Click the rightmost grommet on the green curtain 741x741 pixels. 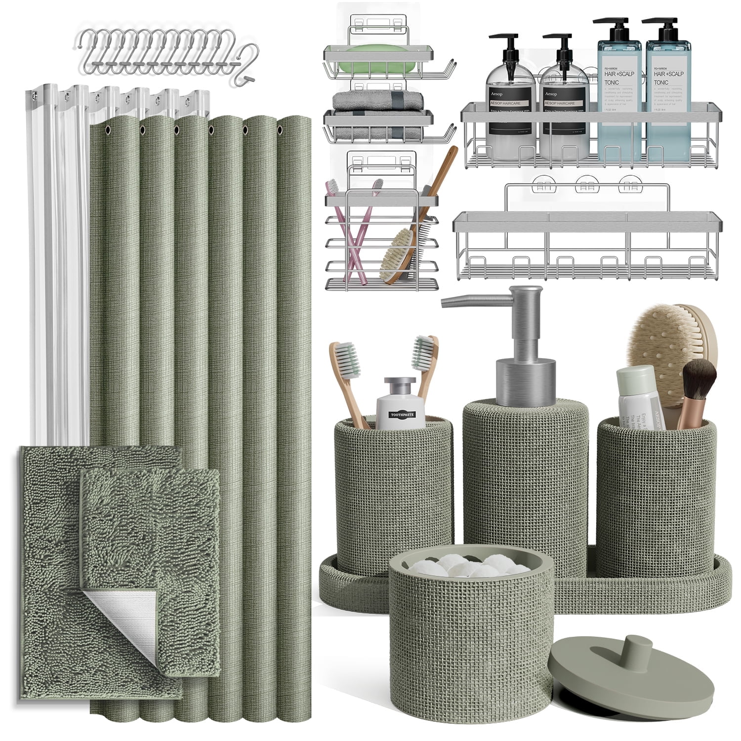click(280, 128)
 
